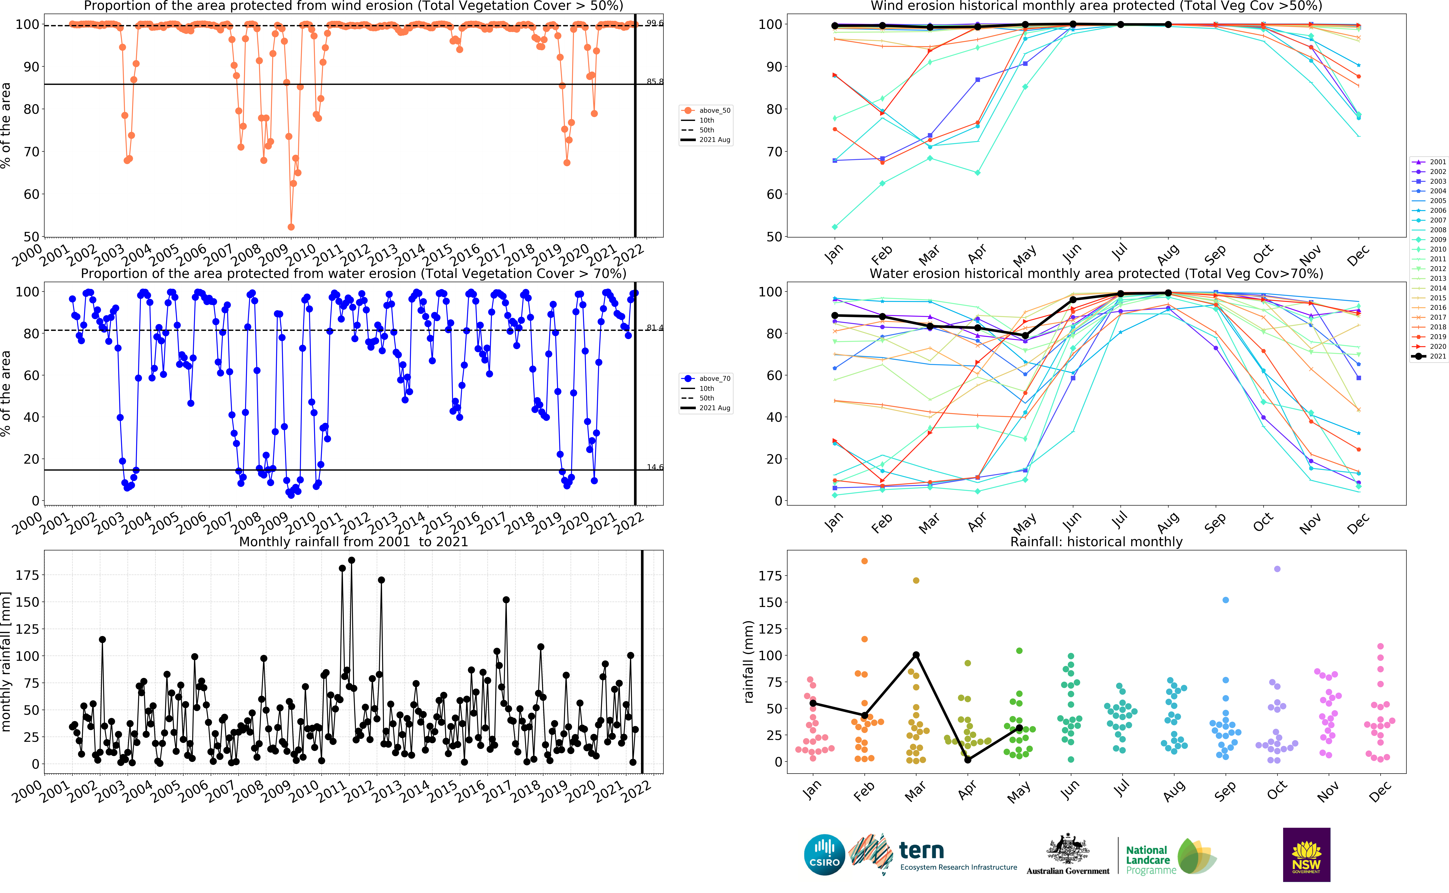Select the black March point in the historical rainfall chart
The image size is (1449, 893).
916,655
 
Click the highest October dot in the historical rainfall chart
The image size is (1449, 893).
1277,569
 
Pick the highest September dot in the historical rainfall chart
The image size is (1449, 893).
1226,600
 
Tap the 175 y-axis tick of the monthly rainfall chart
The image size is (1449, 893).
27,575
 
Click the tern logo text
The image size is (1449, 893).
921,850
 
